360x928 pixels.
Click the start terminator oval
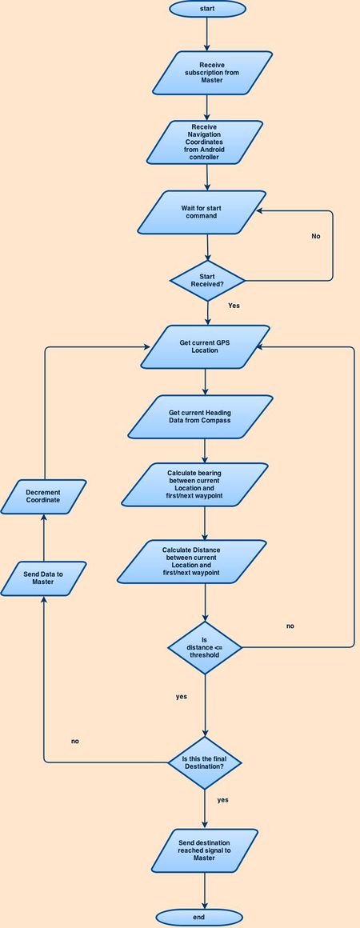[x=207, y=9]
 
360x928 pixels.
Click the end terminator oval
[x=199, y=918]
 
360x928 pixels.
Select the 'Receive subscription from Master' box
[x=212, y=73]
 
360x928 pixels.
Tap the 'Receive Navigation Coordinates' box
[x=204, y=142]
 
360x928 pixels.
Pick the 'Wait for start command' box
[x=202, y=212]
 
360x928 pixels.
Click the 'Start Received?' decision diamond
[x=207, y=281]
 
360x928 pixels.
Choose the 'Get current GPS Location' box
[x=205, y=347]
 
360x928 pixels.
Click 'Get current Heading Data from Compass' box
[x=200, y=417]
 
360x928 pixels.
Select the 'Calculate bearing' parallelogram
[x=195, y=485]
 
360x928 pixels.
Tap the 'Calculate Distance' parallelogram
[x=192, y=562]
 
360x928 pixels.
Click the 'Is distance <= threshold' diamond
[x=205, y=647]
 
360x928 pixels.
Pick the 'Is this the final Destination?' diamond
[x=205, y=763]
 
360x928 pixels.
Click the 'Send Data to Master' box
[x=43, y=578]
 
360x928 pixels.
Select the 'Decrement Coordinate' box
[x=43, y=497]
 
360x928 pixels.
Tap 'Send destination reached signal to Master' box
[x=204, y=850]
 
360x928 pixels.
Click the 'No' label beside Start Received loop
[x=315, y=236]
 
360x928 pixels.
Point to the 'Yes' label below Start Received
[x=234, y=306]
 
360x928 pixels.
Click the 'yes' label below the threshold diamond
[x=181, y=697]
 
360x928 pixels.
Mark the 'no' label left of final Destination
[x=74, y=741]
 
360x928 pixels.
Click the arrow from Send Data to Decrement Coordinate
[x=43, y=538]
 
